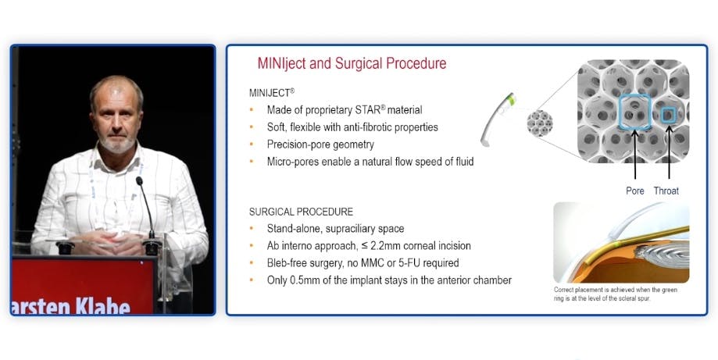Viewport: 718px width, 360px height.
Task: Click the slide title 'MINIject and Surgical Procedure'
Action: [x=352, y=63]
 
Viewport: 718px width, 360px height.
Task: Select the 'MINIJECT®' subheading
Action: [x=271, y=92]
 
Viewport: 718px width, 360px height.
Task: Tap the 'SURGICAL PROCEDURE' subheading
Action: [x=301, y=212]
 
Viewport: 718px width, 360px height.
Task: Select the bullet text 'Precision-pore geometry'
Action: [x=320, y=144]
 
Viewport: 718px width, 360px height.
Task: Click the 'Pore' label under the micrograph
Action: [x=635, y=191]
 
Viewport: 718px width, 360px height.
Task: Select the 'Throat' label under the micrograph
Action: [x=666, y=191]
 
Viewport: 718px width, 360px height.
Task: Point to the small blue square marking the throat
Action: [x=666, y=116]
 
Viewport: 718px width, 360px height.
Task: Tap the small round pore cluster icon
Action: [x=538, y=122]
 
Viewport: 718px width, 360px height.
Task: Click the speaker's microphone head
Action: [x=139, y=181]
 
